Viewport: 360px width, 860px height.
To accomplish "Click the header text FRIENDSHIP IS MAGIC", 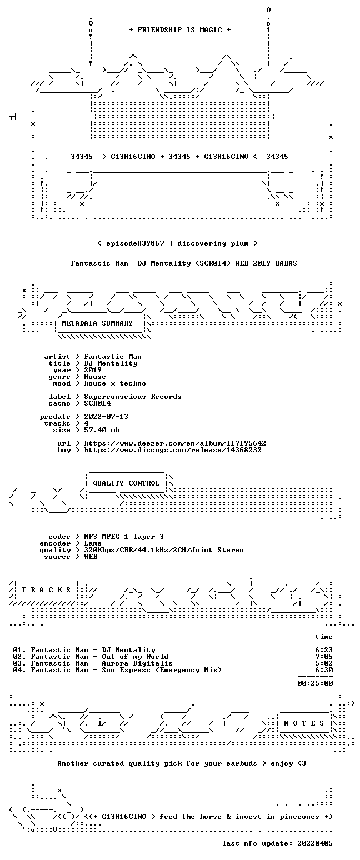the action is (x=180, y=30).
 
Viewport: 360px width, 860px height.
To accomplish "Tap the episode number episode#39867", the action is (x=135, y=243).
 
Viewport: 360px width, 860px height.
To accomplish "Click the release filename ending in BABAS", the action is (x=184, y=263).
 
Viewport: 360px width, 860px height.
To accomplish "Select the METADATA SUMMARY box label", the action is (x=97, y=323).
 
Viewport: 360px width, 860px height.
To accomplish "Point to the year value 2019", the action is (x=93, y=370).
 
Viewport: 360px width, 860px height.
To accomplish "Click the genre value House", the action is (x=95, y=377).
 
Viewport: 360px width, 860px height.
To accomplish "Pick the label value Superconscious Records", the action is (x=133, y=397).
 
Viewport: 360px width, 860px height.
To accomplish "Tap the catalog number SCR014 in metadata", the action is (x=97, y=403).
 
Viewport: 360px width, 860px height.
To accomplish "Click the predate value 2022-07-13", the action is (x=106, y=417).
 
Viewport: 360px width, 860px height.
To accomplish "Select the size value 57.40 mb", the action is (x=102, y=430).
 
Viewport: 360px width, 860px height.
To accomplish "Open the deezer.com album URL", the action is (x=175, y=443).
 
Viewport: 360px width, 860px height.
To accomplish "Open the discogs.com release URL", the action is (x=173, y=450).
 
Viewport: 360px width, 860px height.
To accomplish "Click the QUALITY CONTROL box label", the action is (x=126, y=483).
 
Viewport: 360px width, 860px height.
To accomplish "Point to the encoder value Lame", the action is (x=93, y=543).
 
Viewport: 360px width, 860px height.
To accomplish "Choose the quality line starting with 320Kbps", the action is (x=164, y=550).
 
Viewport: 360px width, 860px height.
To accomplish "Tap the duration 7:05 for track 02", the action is (x=324, y=657).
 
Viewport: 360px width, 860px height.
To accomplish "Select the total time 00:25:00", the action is (x=315, y=683).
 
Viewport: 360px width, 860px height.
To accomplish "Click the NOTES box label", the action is (x=304, y=723).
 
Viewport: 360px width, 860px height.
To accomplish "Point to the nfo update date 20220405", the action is (x=315, y=843).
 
